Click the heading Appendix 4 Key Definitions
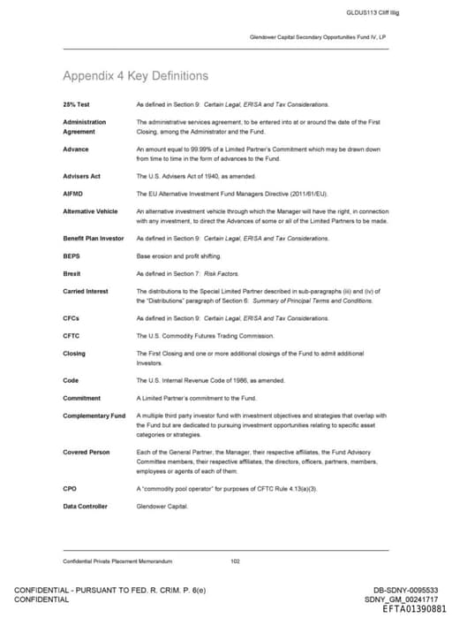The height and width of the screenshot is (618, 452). [136, 76]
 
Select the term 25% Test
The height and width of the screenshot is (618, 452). [76, 105]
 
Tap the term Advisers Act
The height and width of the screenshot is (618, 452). [81, 176]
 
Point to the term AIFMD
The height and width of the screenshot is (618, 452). [73, 193]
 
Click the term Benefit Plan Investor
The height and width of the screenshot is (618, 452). [94, 239]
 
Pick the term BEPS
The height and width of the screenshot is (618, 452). [72, 256]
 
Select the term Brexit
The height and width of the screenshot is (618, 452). [72, 274]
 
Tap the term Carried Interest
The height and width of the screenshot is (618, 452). [86, 292]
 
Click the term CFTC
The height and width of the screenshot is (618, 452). [72, 336]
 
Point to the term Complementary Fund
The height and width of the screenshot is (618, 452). [94, 416]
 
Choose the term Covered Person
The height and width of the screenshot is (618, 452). [87, 452]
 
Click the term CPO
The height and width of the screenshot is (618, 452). [70, 488]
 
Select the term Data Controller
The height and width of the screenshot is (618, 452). [85, 506]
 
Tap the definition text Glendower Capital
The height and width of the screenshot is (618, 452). [159, 506]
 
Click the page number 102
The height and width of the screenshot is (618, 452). [235, 561]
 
